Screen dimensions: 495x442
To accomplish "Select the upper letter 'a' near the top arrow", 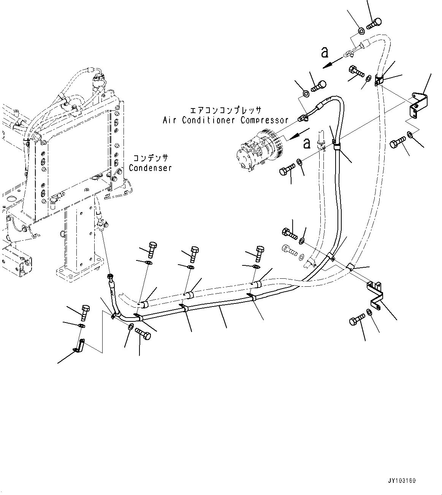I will [x=324, y=53].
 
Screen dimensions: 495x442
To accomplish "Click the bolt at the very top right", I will [x=375, y=23].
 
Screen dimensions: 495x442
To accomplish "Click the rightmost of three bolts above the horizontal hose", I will [x=260, y=252].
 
